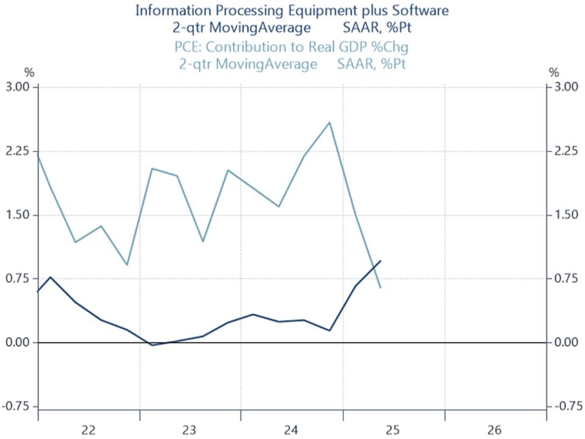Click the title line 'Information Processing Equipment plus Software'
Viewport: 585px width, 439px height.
click(292, 10)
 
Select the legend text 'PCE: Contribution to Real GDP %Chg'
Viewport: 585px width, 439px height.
click(292, 47)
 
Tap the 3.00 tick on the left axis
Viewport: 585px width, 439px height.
click(18, 87)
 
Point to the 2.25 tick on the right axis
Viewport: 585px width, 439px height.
click(565, 151)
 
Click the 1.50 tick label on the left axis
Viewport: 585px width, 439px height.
click(18, 215)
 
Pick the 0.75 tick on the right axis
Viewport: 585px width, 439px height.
click(565, 278)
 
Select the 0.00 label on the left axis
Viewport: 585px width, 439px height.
click(18, 343)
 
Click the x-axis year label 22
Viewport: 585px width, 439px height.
click(88, 430)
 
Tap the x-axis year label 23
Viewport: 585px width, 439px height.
click(190, 430)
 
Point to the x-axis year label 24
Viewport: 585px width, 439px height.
click(292, 430)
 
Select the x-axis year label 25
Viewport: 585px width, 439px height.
click(393, 430)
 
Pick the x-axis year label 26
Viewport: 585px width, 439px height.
click(495, 430)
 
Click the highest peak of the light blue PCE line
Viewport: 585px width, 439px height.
click(330, 122)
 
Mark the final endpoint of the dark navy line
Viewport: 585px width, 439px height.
click(381, 261)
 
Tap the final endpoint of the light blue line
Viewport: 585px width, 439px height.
click(381, 288)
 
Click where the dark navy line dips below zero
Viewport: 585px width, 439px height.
click(153, 345)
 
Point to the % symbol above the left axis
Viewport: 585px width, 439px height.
click(29, 72)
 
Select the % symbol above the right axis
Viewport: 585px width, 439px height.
click(554, 72)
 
